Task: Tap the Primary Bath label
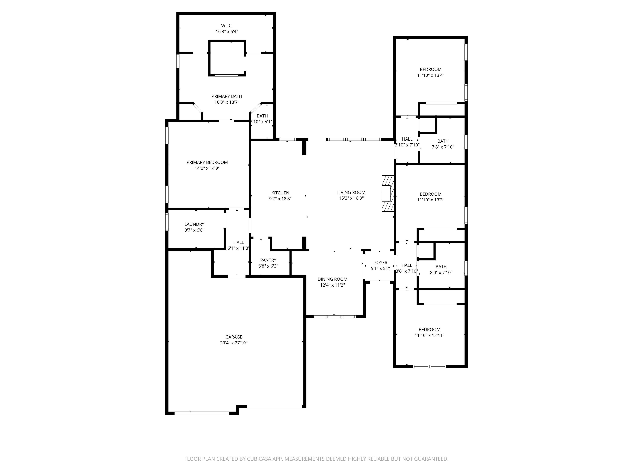coord(227,96)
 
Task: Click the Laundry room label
coord(194,224)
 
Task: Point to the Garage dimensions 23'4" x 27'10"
coord(234,343)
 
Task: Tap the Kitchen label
coord(280,193)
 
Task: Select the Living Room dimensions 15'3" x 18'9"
coord(351,198)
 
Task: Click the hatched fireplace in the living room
coord(388,193)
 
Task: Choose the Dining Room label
coord(332,279)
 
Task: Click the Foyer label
coord(381,263)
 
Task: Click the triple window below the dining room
coord(334,317)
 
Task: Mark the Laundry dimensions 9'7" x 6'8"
coord(194,230)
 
